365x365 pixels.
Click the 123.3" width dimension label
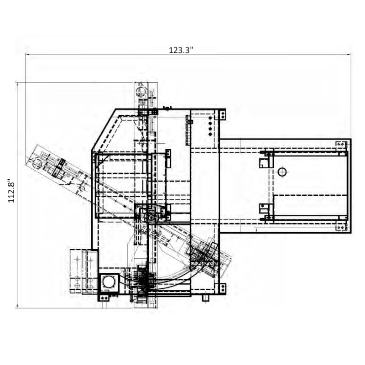[x=181, y=50]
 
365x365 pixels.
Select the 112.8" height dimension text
[x=11, y=191]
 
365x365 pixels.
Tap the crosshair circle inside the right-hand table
[x=282, y=172]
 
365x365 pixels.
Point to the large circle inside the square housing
[x=109, y=282]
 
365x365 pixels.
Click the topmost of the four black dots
[x=210, y=118]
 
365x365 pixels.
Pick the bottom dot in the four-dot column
[x=210, y=134]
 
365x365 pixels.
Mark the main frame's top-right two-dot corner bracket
[x=223, y=115]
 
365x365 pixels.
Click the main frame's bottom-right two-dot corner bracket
[x=223, y=289]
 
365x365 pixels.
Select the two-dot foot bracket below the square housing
[x=104, y=298]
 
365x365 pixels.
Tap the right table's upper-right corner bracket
[x=341, y=144]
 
